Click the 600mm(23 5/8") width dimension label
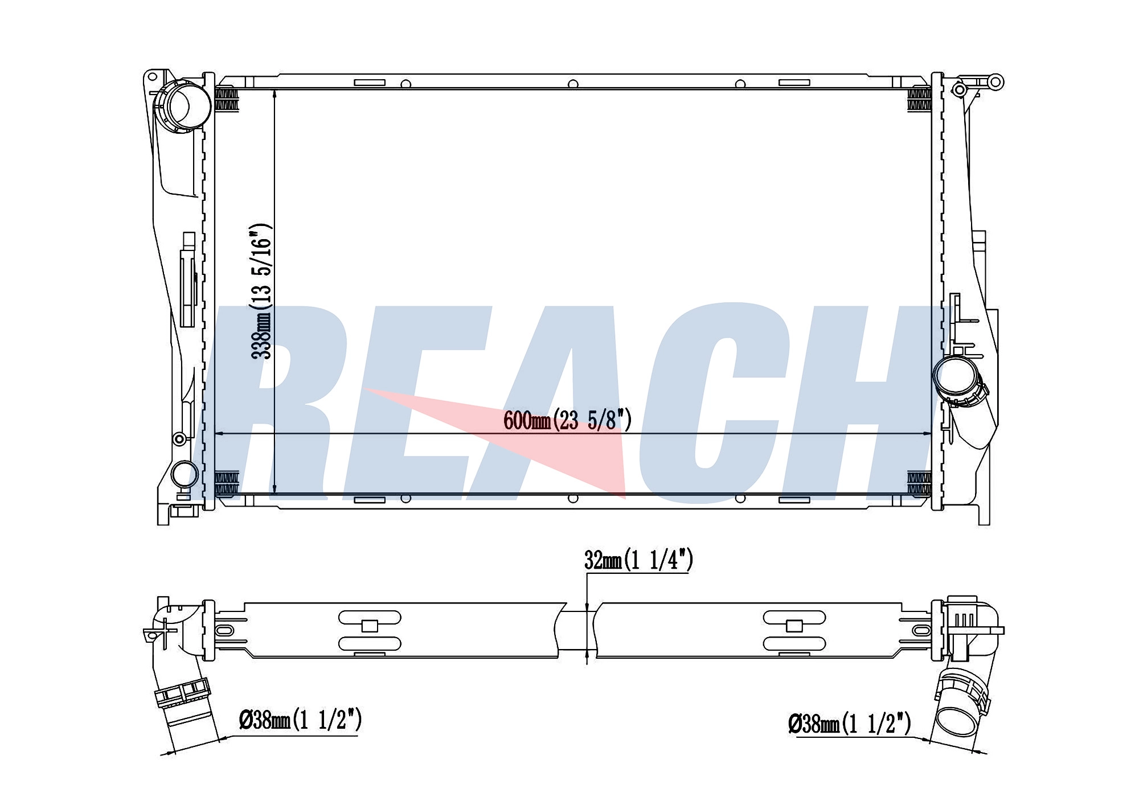(568, 421)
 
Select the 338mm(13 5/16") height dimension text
(262, 291)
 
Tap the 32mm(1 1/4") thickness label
(638, 560)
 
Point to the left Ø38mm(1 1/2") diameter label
(301, 720)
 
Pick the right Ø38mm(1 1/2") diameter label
(850, 724)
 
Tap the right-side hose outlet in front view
(959, 380)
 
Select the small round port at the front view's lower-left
(185, 474)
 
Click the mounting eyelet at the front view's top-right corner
(995, 81)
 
